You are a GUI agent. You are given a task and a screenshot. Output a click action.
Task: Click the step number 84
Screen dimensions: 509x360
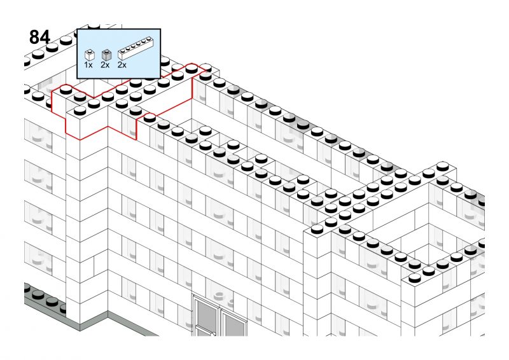point(39,38)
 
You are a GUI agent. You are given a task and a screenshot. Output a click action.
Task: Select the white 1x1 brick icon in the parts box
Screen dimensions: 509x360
point(89,55)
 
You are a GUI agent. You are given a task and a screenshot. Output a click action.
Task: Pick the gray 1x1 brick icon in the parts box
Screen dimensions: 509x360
point(106,55)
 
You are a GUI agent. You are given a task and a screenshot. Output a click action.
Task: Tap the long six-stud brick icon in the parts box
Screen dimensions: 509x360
point(136,48)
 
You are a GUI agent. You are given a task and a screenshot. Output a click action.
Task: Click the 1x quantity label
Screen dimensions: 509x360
point(88,65)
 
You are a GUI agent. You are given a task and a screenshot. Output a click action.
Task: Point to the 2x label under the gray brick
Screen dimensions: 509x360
point(105,65)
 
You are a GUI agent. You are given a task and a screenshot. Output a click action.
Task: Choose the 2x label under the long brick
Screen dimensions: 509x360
point(122,65)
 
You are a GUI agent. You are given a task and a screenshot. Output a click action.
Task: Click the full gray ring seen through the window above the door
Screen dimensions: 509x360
point(220,295)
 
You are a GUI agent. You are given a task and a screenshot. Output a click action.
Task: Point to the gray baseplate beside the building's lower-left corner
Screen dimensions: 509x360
point(45,303)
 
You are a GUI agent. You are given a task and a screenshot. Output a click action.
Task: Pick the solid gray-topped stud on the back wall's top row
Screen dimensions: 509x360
point(303,124)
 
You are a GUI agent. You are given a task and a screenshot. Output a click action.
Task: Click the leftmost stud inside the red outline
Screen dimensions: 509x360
point(66,90)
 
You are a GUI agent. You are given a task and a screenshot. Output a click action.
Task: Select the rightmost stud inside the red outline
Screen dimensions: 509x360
point(192,69)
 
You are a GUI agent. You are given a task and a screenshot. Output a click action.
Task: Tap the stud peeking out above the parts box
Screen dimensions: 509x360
point(94,26)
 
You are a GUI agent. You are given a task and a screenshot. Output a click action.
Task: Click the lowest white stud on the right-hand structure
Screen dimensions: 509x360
point(415,278)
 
